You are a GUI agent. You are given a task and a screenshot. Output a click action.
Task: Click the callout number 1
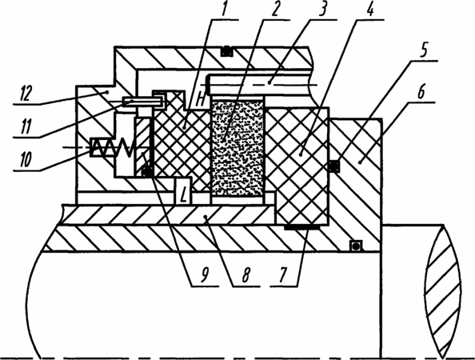[x=224, y=9]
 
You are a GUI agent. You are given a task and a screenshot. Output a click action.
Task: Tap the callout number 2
[x=274, y=10]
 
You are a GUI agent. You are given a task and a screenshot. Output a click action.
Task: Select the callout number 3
[x=323, y=9]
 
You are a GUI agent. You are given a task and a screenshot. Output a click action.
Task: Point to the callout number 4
[x=370, y=9]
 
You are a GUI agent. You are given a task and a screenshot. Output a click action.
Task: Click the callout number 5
[x=424, y=50]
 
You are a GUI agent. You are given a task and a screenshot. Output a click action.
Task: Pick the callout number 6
[x=421, y=92]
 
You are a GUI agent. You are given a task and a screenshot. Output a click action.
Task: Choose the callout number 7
[x=282, y=275]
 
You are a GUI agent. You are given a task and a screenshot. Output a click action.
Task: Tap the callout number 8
[x=245, y=275]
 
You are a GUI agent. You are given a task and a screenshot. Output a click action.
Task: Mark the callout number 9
[x=205, y=275]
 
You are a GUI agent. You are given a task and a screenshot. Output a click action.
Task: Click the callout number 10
[x=26, y=159]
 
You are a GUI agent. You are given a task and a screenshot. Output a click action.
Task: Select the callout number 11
[x=26, y=126]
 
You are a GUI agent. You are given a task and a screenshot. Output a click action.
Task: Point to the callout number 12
[x=26, y=93]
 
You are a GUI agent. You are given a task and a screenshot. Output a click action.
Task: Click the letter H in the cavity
[x=200, y=98]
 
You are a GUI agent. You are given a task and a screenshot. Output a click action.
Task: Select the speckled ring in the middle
[x=237, y=149]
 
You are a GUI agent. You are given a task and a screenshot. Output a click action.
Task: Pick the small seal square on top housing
[x=226, y=51]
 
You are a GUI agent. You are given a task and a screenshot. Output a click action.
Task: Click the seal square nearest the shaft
[x=356, y=246]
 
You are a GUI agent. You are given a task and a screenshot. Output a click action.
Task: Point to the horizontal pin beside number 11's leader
[x=142, y=102]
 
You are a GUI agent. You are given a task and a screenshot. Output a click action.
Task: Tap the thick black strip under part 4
[x=301, y=227]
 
